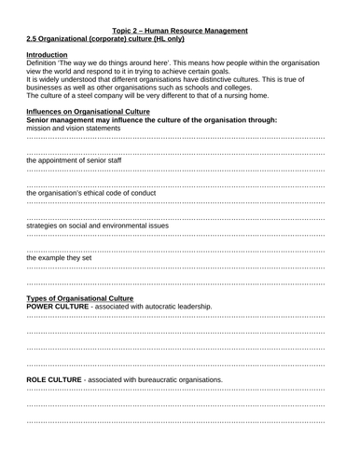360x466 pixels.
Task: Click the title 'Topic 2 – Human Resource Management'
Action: click(x=179, y=31)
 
